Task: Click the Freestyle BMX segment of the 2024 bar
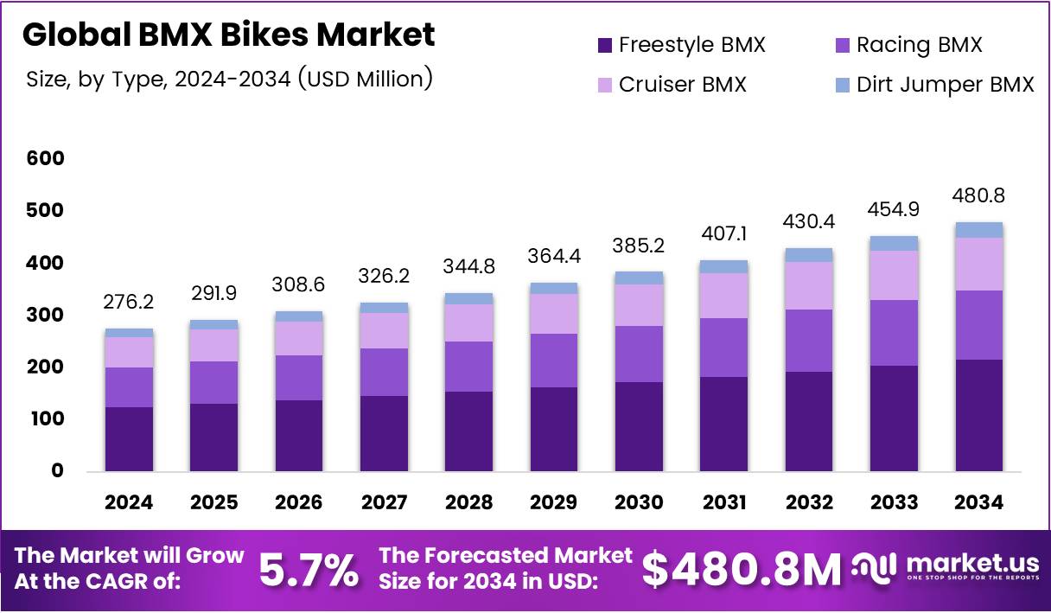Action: click(129, 438)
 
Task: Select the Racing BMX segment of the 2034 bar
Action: click(979, 324)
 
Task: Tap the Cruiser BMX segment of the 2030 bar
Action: click(639, 304)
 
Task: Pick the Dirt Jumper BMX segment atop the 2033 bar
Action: click(894, 243)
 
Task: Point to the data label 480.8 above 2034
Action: click(979, 196)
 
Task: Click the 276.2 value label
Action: click(129, 303)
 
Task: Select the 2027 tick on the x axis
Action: click(384, 503)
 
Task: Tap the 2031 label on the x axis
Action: click(723, 503)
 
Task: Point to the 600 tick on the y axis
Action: click(45, 158)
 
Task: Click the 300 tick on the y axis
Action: click(45, 315)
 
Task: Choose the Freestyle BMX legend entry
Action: click(680, 45)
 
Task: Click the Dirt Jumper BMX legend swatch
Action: click(843, 85)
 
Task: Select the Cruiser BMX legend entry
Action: click(671, 85)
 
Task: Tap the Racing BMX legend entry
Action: click(908, 45)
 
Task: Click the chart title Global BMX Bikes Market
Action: click(228, 35)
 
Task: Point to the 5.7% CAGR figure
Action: click(309, 569)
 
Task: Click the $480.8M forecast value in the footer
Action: click(741, 569)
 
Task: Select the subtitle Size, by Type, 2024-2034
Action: click(229, 80)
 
